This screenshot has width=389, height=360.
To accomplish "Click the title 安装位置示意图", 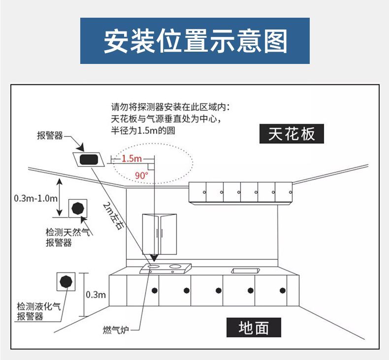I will [194, 41].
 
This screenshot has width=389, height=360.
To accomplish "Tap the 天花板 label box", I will [292, 133].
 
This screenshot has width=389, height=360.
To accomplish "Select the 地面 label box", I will [253, 328].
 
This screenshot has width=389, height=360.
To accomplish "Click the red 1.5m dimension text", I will [131, 158].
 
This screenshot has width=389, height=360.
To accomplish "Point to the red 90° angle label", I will [141, 175].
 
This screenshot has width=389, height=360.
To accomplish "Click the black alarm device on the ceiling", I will [89, 159].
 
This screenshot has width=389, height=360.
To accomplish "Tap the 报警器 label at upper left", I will [50, 136].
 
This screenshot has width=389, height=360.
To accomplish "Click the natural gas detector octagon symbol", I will [77, 208].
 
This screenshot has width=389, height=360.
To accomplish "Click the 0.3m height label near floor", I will [96, 295].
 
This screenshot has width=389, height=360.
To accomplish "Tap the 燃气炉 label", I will [115, 329].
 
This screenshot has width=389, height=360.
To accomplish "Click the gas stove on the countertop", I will [165, 269].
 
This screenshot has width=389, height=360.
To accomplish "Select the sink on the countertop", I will [245, 270].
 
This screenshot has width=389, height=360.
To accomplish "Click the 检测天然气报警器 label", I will [66, 237].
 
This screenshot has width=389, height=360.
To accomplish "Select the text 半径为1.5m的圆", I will [143, 130].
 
